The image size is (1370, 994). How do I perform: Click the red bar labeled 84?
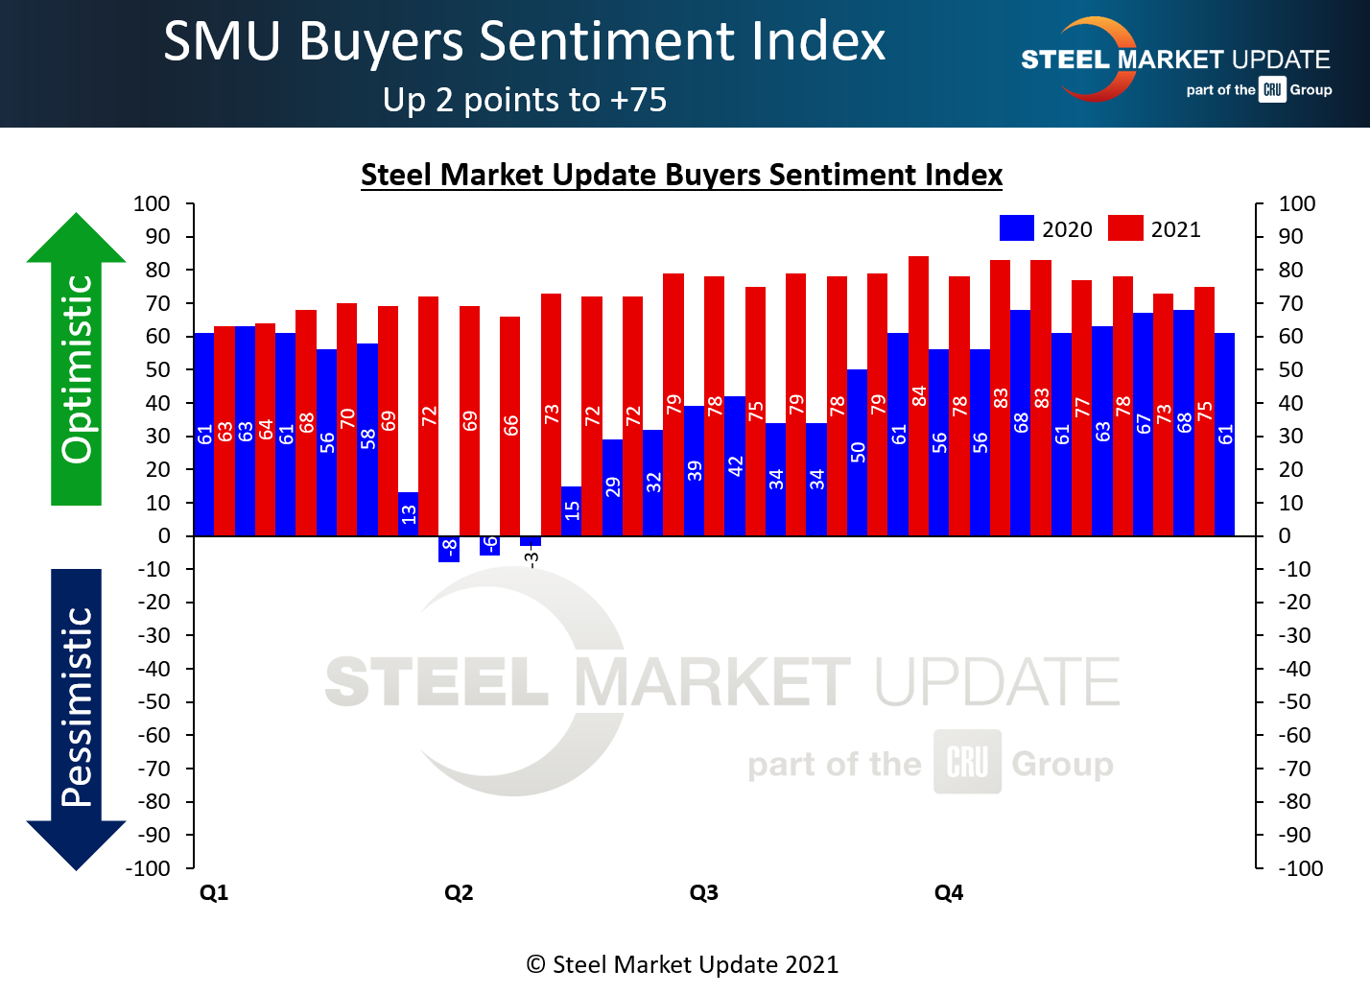point(918,395)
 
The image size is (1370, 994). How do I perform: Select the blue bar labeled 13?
point(408,514)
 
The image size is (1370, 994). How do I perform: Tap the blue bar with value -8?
point(449,549)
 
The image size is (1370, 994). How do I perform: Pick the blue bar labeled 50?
point(857,452)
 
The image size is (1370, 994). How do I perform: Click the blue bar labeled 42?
point(735,465)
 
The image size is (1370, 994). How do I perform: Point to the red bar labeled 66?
point(510,425)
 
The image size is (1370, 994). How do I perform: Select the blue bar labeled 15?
point(572,510)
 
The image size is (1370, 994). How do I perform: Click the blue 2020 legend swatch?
point(1016,228)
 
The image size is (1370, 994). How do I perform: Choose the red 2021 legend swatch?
point(1124,228)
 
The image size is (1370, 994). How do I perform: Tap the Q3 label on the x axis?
point(703,893)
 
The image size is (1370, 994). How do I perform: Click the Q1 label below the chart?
point(214,893)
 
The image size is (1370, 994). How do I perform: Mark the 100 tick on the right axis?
point(1297,203)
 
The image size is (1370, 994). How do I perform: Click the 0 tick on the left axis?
point(164,536)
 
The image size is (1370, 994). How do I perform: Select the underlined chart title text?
point(681,176)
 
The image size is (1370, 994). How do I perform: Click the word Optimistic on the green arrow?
point(77,368)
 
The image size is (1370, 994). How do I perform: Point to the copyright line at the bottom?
point(682,965)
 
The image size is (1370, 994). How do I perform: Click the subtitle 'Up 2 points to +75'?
point(525,100)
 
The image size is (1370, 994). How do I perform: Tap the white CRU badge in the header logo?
point(1272,90)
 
